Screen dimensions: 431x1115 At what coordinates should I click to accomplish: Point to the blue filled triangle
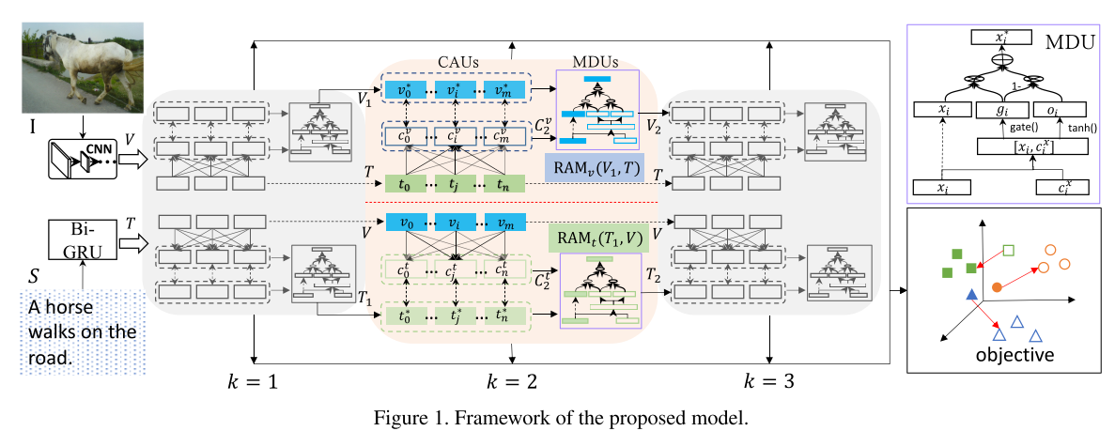coord(970,296)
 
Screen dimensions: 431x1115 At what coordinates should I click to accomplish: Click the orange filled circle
coord(997,284)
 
